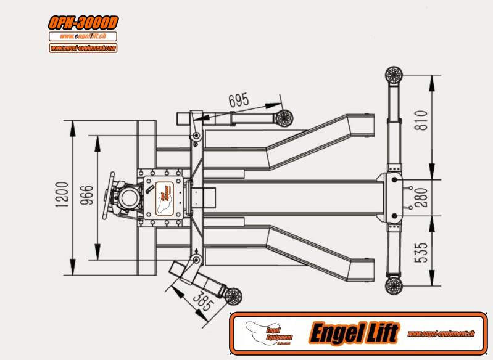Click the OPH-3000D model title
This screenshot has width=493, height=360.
pyautogui.click(x=83, y=23)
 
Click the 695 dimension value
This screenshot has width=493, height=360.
pyautogui.click(x=239, y=100)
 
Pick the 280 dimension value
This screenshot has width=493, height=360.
pyautogui.click(x=421, y=197)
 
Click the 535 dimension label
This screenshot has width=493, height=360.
pyautogui.click(x=421, y=252)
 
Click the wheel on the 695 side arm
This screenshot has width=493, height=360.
pyautogui.click(x=284, y=117)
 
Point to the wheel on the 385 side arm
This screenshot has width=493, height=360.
pyautogui.click(x=233, y=296)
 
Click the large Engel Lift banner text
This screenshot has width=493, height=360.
pyautogui.click(x=354, y=333)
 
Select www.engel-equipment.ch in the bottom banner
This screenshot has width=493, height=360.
pyautogui.click(x=441, y=333)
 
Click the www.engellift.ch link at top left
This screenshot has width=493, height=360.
pyautogui.click(x=83, y=36)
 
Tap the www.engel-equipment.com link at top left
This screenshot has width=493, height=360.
pyautogui.click(x=83, y=47)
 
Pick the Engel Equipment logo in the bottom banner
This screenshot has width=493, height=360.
pyautogui.click(x=268, y=333)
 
